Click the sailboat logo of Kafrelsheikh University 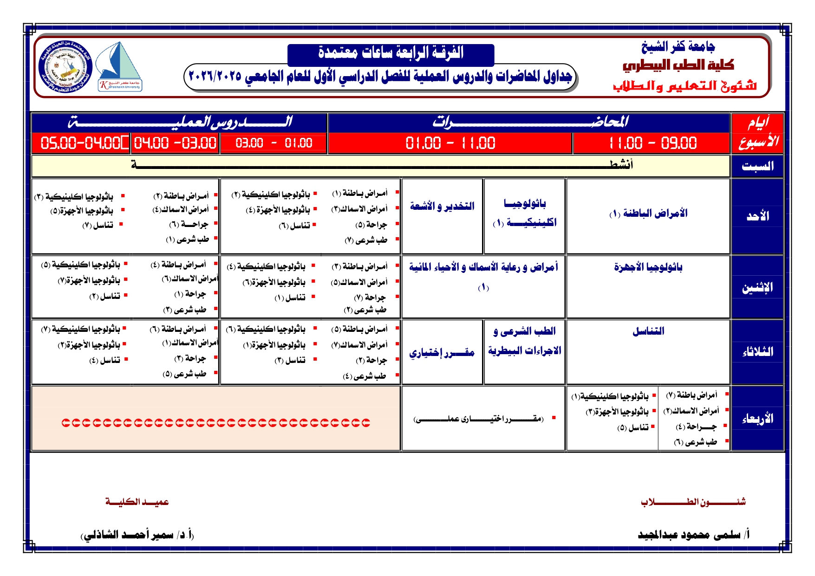pos(120,66)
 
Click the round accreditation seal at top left pos(65,66)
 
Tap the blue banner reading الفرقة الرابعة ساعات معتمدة pos(391,53)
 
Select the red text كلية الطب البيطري pos(678,65)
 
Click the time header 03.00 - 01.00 pos(274,143)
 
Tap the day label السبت pos(757,166)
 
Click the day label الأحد pos(757,216)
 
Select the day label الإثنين pos(757,288)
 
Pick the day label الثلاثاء pos(757,352)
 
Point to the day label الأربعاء pos(757,419)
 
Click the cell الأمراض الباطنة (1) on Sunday pos(648,214)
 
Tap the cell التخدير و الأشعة pos(442,206)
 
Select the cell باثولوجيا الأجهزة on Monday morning pos(648,267)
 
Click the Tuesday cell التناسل pos(648,331)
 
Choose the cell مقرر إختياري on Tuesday pos(442,353)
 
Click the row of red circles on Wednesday pos(216,423)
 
